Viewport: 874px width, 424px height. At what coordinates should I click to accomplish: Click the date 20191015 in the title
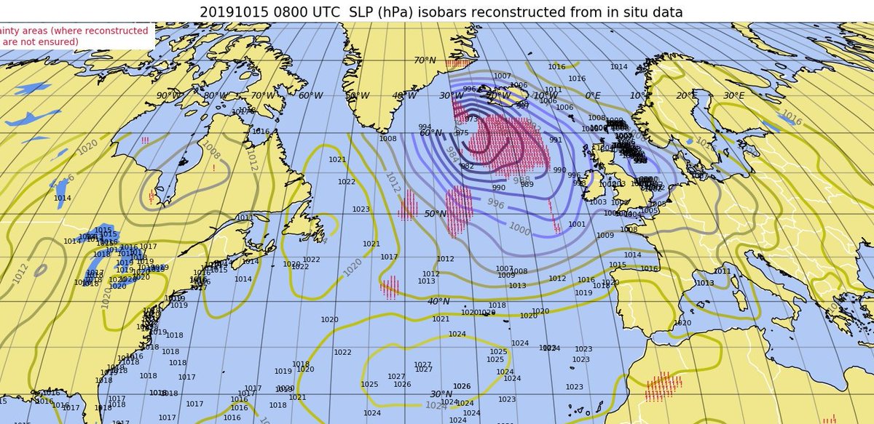click(232, 12)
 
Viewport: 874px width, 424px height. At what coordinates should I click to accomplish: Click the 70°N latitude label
click(425, 61)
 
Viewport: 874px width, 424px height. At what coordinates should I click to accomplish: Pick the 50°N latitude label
click(435, 214)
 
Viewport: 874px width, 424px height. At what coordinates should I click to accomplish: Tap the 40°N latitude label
click(438, 302)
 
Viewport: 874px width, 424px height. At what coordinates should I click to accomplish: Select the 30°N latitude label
click(441, 394)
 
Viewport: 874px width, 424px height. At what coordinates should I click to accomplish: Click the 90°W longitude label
click(168, 96)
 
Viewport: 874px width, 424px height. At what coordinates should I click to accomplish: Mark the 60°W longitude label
click(310, 96)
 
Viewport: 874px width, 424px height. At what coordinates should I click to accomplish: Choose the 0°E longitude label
click(593, 96)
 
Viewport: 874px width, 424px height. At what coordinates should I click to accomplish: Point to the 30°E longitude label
click(733, 96)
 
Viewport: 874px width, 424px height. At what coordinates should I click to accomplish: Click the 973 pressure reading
click(471, 119)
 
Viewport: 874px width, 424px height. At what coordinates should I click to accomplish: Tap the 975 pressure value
click(462, 133)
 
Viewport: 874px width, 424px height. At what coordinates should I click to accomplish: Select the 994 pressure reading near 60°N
click(425, 127)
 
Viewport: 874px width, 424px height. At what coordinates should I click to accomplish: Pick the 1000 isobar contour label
click(519, 229)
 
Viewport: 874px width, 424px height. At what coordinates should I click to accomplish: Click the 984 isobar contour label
click(452, 154)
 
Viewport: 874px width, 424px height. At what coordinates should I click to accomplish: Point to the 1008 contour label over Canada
click(211, 150)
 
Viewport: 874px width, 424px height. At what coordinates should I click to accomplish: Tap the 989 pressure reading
click(527, 185)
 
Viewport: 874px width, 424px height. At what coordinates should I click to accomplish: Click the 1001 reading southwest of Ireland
click(577, 225)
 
